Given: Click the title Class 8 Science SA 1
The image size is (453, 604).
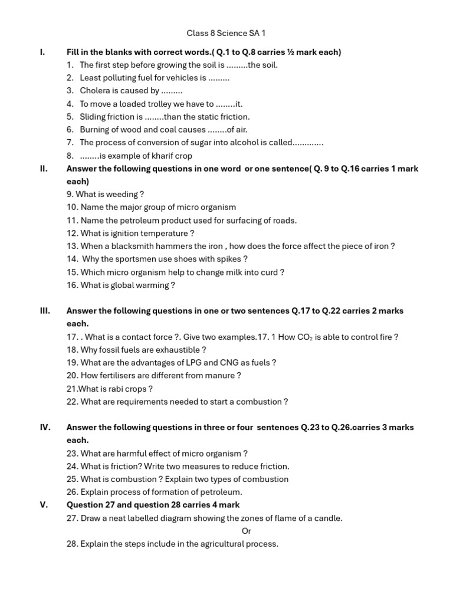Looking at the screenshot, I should (230, 34).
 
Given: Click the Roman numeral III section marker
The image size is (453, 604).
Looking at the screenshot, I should (45, 311).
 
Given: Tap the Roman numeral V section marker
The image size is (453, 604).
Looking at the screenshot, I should (44, 505).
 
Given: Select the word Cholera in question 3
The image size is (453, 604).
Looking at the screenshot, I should (96, 91).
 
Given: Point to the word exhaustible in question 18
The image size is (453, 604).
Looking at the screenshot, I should (164, 350).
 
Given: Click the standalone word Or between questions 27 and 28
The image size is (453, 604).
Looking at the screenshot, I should (247, 531).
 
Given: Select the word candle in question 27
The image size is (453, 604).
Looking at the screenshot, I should (329, 518).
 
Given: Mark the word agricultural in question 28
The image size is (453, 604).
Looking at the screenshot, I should (214, 544).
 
